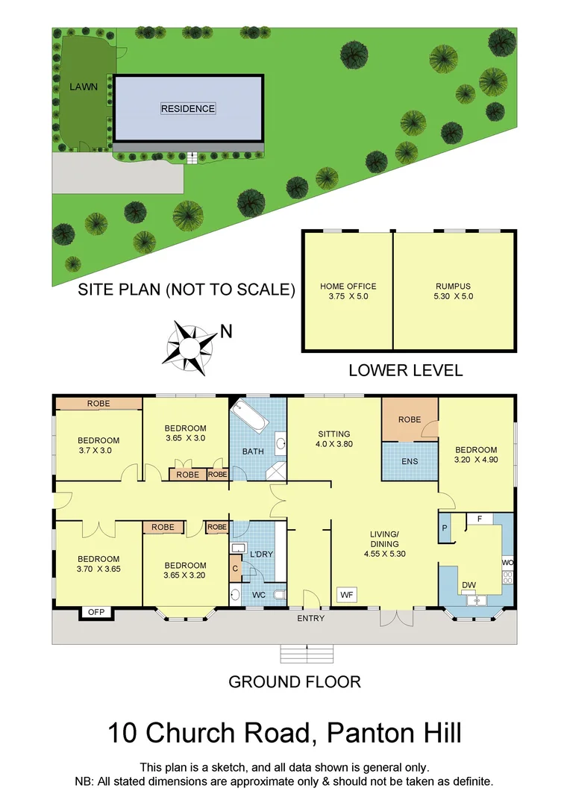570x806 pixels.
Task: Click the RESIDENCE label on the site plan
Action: click(x=187, y=109)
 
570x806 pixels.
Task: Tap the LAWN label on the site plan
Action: click(x=84, y=87)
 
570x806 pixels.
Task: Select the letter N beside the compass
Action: click(x=226, y=332)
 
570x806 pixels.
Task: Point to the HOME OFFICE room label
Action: click(x=348, y=291)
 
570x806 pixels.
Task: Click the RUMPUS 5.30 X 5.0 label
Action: click(x=454, y=291)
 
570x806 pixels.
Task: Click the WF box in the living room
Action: click(x=346, y=594)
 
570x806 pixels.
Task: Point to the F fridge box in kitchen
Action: click(x=480, y=518)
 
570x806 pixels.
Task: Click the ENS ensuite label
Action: click(x=409, y=461)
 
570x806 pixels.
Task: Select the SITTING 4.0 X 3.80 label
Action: click(x=333, y=439)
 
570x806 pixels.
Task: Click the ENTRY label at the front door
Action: click(x=311, y=619)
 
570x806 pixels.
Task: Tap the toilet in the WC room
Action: click(x=279, y=595)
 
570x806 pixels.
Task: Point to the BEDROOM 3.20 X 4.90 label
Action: click(x=476, y=454)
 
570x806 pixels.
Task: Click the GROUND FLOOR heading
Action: click(x=294, y=681)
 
